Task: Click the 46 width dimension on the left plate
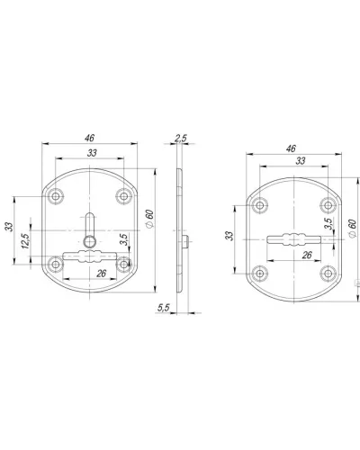pos(89,138)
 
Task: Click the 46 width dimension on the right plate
pos(291,148)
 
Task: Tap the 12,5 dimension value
pos(25,241)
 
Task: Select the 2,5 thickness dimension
pos(181,139)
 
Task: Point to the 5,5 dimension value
pos(164,308)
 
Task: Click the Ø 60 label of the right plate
pos(352,229)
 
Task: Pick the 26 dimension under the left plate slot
pos(102,274)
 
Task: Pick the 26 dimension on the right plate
pos(307,255)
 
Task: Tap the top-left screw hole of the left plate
pos(56,196)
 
